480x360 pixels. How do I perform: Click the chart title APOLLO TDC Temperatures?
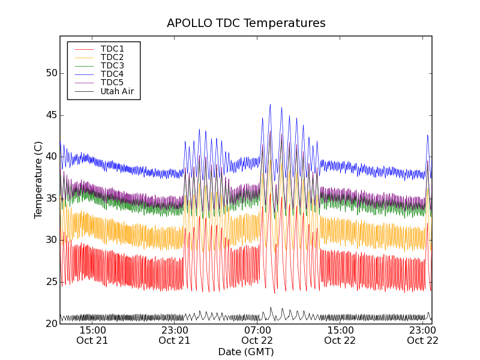coord(246,23)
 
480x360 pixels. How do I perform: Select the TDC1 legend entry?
coord(112,49)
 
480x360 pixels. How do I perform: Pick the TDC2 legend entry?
coord(112,57)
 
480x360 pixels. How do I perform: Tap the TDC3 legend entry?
coord(112,65)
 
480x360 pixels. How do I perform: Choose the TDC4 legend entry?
coord(112,74)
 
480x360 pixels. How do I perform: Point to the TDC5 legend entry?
coord(112,82)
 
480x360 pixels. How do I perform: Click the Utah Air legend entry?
coord(117,91)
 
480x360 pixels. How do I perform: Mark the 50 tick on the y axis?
coord(51,73)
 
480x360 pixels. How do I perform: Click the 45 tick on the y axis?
coord(51,115)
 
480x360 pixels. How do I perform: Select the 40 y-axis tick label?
coord(51,157)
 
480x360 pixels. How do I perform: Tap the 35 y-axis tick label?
coord(51,198)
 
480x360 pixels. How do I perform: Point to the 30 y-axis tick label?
coord(51,240)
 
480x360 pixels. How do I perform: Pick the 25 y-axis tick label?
coord(51,281)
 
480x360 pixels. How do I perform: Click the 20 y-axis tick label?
coord(51,323)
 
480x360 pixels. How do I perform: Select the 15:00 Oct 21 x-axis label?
coord(92,335)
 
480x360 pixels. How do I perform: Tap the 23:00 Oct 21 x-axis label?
coord(175,335)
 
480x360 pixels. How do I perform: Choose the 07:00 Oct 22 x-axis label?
coord(257,335)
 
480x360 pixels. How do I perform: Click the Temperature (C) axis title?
coord(38,180)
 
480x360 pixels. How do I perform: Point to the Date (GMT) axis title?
coord(246,352)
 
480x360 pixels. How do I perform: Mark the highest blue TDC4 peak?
coord(270,105)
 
